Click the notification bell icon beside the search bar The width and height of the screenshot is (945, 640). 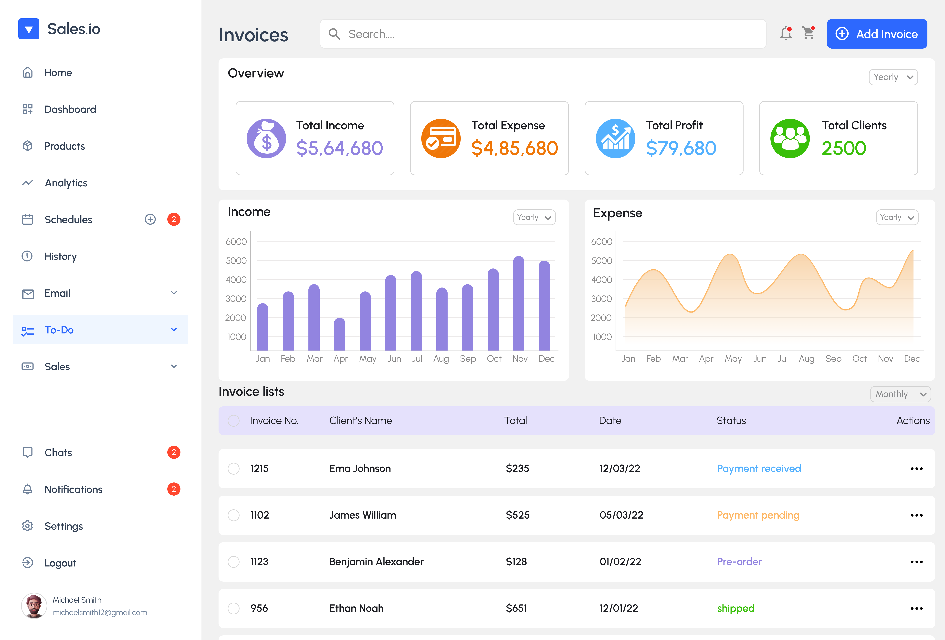786,33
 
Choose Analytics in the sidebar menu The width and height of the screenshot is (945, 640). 66,183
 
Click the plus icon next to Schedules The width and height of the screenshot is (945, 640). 150,220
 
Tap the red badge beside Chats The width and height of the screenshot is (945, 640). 174,452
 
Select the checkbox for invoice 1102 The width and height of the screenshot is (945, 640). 233,515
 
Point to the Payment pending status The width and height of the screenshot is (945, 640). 758,515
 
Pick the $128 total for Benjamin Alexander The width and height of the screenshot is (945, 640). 516,562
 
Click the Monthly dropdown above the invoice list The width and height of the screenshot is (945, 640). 900,394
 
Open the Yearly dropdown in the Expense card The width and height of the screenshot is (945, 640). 897,218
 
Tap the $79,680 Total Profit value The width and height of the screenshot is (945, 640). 681,148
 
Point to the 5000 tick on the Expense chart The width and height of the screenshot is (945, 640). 601,261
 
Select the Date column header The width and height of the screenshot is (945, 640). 610,420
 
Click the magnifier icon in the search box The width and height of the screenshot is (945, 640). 334,34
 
